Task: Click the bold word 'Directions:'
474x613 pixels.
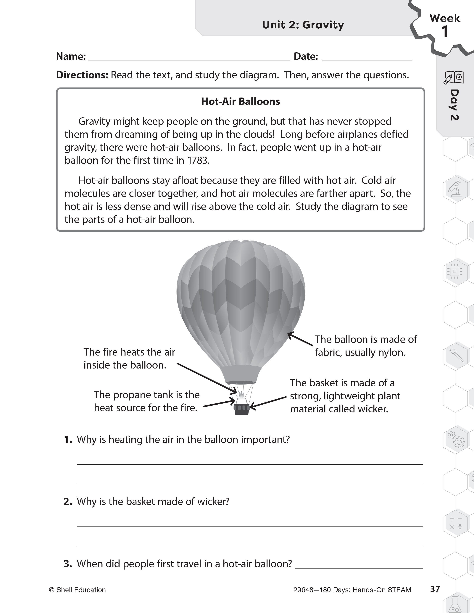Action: pos(82,75)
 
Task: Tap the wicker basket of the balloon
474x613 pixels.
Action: pos(242,409)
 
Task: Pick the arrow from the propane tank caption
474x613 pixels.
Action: pos(219,403)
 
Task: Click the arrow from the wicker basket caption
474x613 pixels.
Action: pos(268,402)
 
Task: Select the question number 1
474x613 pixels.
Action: pos(68,440)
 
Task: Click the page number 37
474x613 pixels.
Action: pos(435,589)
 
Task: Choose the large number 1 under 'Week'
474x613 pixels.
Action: pos(444,32)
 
